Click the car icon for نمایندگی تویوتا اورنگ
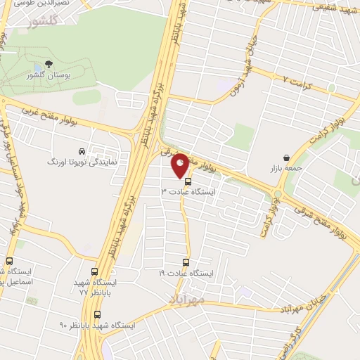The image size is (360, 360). pos(82,151)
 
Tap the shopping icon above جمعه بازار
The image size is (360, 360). pos(285,157)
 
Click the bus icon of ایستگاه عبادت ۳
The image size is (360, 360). pos(187,181)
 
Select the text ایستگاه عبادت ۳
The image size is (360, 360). pos(188,191)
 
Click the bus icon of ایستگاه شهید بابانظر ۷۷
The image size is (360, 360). pos(95,271)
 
